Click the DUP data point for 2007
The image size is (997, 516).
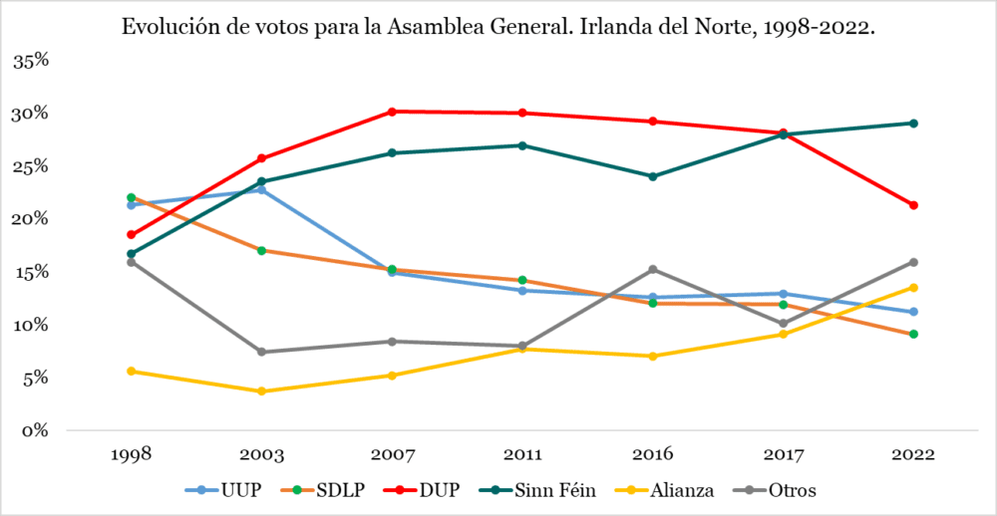[392, 112]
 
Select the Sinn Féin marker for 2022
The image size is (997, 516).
[913, 124]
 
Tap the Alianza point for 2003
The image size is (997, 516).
[261, 391]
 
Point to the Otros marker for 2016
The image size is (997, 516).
[653, 269]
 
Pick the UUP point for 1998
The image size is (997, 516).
[131, 205]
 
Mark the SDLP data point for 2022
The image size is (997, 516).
[913, 334]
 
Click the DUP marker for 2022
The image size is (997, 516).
[913, 205]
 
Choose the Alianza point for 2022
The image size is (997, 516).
[913, 288]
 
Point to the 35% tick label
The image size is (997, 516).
[31, 61]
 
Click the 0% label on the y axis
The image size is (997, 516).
[36, 430]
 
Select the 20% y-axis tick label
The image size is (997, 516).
[31, 219]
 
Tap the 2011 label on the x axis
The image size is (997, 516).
[522, 454]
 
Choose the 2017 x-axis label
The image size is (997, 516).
[783, 454]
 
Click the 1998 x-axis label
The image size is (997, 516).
[131, 454]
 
